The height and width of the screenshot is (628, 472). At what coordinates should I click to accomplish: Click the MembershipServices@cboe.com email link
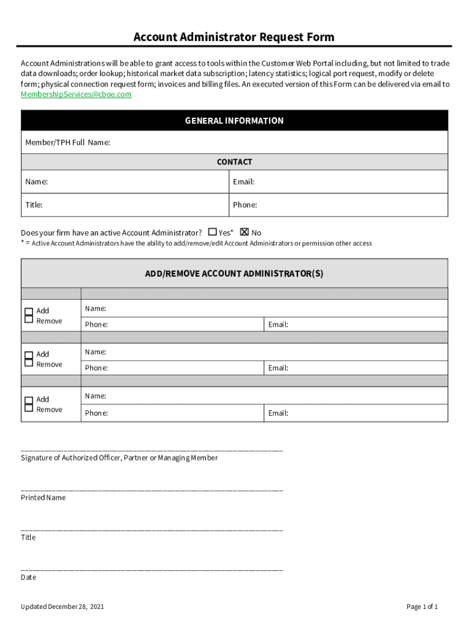[76, 94]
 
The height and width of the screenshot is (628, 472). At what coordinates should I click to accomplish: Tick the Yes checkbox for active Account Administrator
[213, 232]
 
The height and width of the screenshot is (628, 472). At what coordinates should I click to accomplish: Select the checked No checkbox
[245, 232]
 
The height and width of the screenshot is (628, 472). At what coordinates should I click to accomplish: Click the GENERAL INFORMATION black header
[234, 121]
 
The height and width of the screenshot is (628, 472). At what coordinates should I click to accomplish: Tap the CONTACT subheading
[234, 162]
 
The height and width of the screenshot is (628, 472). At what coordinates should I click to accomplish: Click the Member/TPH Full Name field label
[67, 142]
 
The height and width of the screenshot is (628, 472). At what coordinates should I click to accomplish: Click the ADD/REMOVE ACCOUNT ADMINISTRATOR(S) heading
[234, 274]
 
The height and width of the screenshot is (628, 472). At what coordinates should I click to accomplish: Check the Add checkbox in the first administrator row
[29, 311]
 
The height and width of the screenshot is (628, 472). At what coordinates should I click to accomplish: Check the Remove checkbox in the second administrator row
[29, 363]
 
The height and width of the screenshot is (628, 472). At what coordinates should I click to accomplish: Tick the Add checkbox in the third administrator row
[29, 400]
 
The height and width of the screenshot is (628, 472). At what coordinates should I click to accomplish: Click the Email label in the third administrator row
[278, 413]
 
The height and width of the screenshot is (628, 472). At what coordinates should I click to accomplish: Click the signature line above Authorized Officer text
[152, 451]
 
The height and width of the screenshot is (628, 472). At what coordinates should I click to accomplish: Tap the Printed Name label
[43, 497]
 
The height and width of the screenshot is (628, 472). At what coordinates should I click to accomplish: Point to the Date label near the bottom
[28, 577]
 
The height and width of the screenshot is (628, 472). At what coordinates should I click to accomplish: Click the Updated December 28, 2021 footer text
[62, 607]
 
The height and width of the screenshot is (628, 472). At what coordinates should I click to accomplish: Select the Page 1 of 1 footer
[422, 607]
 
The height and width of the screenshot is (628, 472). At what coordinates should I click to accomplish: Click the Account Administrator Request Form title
[234, 37]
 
